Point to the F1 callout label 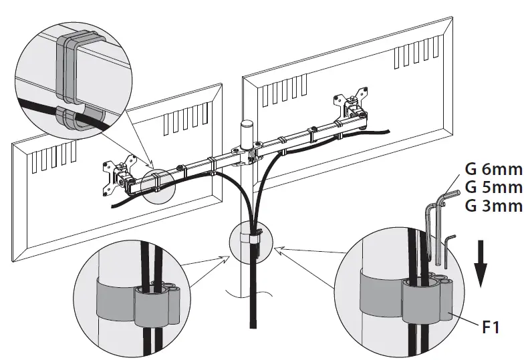(491, 328)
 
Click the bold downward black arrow (481, 262)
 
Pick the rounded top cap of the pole (246, 125)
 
